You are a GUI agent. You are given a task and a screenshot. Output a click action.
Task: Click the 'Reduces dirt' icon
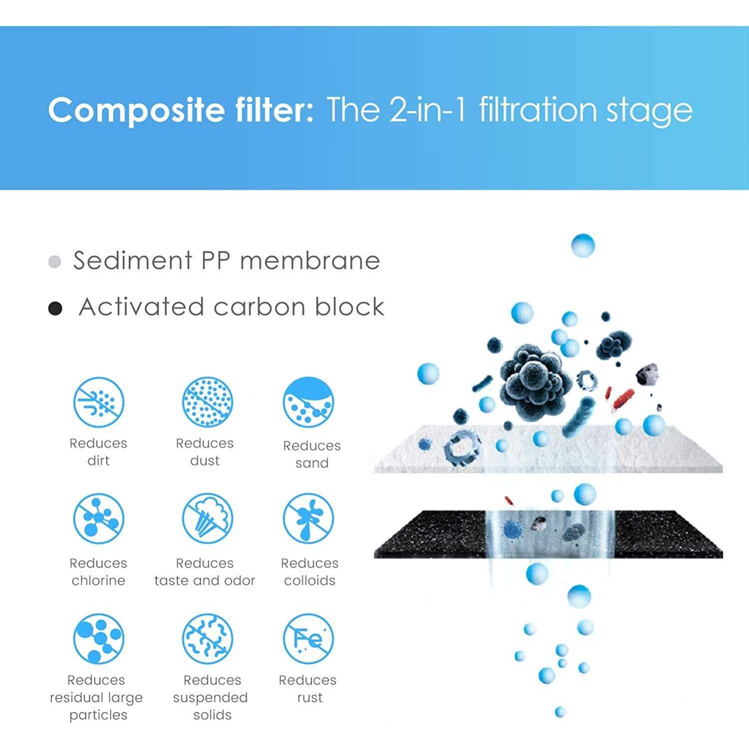tap(98, 402)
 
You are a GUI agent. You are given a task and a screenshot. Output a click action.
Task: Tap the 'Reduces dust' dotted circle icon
tap(207, 402)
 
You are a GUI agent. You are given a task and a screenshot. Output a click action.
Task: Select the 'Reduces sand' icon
tap(308, 402)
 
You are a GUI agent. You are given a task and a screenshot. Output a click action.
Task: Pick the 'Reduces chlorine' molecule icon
tap(98, 519)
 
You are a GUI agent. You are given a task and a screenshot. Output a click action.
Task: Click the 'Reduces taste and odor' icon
tap(207, 519)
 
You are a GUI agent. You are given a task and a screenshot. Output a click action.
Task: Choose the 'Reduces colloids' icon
tap(308, 519)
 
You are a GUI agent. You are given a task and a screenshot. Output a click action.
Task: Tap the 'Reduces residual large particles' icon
tap(98, 639)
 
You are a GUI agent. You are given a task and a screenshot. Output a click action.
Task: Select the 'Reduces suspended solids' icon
tap(207, 639)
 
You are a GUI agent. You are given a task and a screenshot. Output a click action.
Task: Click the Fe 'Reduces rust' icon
tap(308, 639)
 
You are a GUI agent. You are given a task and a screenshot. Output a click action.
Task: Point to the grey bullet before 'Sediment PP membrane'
tap(55, 262)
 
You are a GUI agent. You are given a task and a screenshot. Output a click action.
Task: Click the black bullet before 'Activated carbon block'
tap(55, 309)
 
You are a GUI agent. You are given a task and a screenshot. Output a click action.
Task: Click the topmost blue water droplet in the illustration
tap(583, 246)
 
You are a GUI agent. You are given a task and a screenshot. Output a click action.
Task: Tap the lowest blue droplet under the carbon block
tap(560, 712)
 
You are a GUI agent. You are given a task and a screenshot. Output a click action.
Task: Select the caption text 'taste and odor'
tap(205, 580)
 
